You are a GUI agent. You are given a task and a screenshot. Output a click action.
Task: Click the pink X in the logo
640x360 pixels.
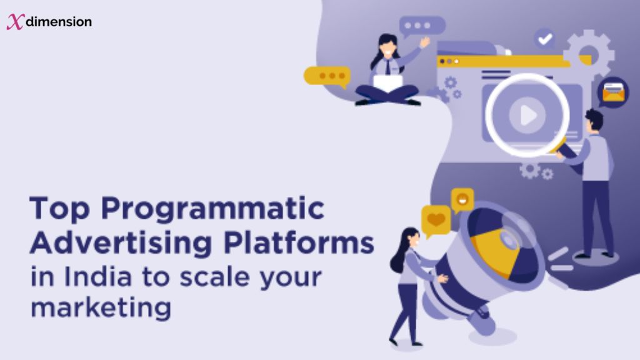click(x=14, y=22)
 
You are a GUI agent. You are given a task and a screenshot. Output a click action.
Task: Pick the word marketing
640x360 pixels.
click(x=100, y=308)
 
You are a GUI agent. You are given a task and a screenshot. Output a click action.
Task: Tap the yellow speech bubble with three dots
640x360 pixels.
click(x=326, y=76)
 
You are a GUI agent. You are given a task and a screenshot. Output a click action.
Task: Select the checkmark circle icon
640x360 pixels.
click(x=544, y=39)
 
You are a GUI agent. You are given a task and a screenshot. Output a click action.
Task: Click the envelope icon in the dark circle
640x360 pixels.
click(x=612, y=93)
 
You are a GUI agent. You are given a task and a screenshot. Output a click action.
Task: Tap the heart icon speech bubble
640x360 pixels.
click(x=436, y=219)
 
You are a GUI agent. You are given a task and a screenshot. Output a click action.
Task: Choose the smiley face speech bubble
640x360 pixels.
click(x=462, y=199)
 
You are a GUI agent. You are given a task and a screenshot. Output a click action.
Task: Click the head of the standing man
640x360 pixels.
click(x=593, y=120)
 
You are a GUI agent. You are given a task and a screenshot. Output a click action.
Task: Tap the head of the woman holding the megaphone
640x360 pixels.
click(x=409, y=238)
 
